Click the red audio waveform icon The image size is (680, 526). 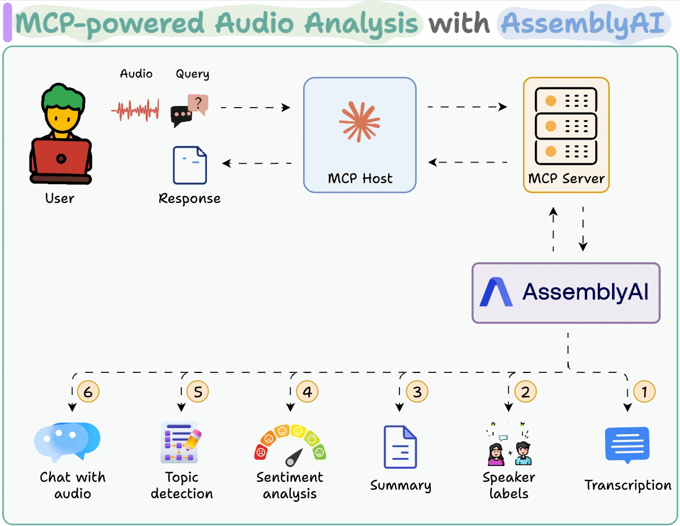tap(135, 110)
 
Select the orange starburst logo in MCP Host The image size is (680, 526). tap(359, 121)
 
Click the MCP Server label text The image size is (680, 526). tap(566, 178)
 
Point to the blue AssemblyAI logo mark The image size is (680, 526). tap(496, 292)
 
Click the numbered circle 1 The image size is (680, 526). tap(644, 391)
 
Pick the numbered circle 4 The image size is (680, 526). tap(307, 391)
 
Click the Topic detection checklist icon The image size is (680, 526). tap(181, 442)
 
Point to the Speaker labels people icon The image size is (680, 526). tap(508, 444)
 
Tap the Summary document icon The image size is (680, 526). tap(400, 447)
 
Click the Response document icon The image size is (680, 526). tap(190, 166)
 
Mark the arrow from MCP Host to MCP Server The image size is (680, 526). tap(467, 107)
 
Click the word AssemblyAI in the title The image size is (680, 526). tap(582, 23)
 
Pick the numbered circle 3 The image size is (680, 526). tap(417, 391)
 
